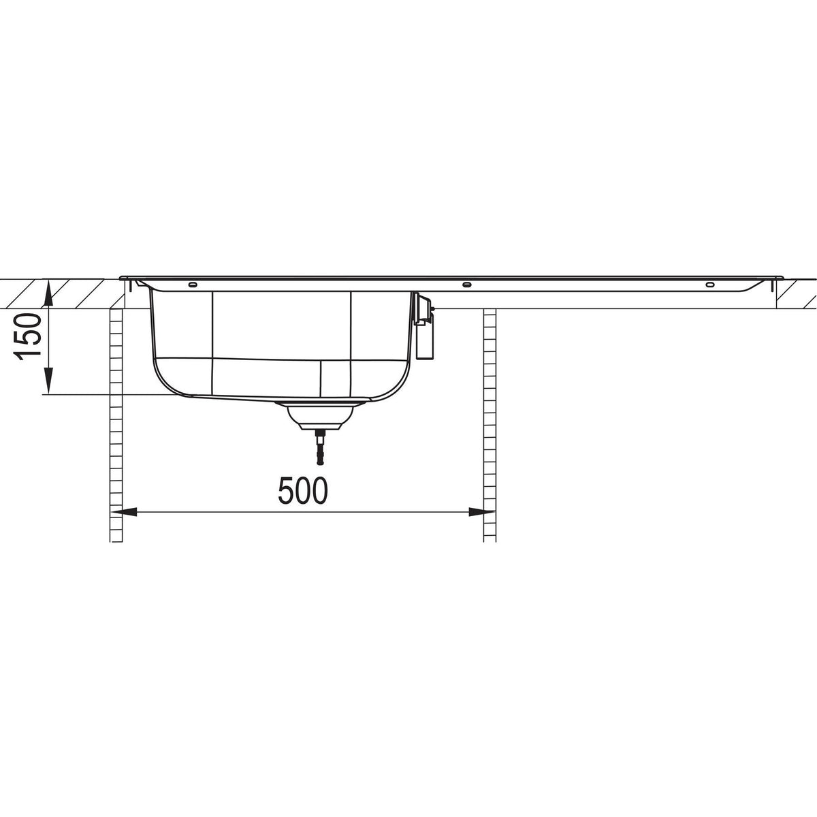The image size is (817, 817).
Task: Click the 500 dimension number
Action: tap(302, 491)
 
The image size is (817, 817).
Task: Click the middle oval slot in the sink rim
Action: tap(466, 284)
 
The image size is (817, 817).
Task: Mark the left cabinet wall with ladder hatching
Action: tap(116, 422)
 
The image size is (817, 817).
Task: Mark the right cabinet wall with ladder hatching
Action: tap(490, 422)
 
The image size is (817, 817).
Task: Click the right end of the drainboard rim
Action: tap(782, 278)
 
